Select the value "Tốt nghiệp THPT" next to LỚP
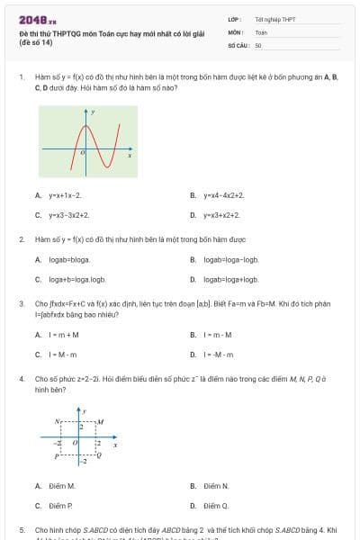point(275,19)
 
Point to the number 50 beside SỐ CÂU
point(258,43)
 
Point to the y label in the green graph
point(93,112)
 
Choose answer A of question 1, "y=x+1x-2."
point(64,194)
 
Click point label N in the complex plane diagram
point(58,420)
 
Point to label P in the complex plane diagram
point(57,456)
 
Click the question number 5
point(22,530)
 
